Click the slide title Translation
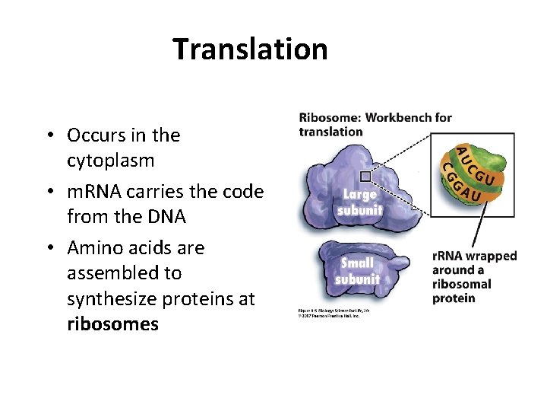tap(250, 49)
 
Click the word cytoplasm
tap(110, 161)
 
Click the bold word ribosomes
tap(112, 324)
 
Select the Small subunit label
tap(357, 271)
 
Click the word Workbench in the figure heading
tap(402, 117)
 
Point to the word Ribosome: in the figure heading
tap(330, 117)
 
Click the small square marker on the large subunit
tap(365, 176)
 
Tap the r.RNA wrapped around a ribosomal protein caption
tap(473, 277)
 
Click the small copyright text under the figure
tap(327, 313)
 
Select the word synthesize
tap(111, 299)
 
